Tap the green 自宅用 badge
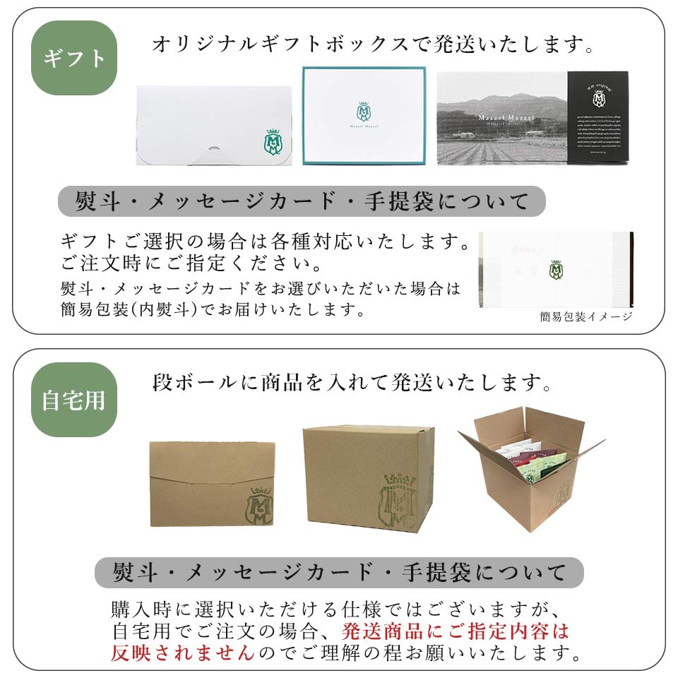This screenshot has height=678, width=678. coord(73,400)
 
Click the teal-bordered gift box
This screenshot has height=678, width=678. coord(364,116)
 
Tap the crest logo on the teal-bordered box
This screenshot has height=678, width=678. coord(364,110)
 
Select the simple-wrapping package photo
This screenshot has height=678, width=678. coord(556,269)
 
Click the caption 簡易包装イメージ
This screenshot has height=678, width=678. coord(586,316)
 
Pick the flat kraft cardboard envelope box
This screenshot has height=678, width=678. coord(212,484)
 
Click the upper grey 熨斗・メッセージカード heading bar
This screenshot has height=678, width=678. coord(302,202)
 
